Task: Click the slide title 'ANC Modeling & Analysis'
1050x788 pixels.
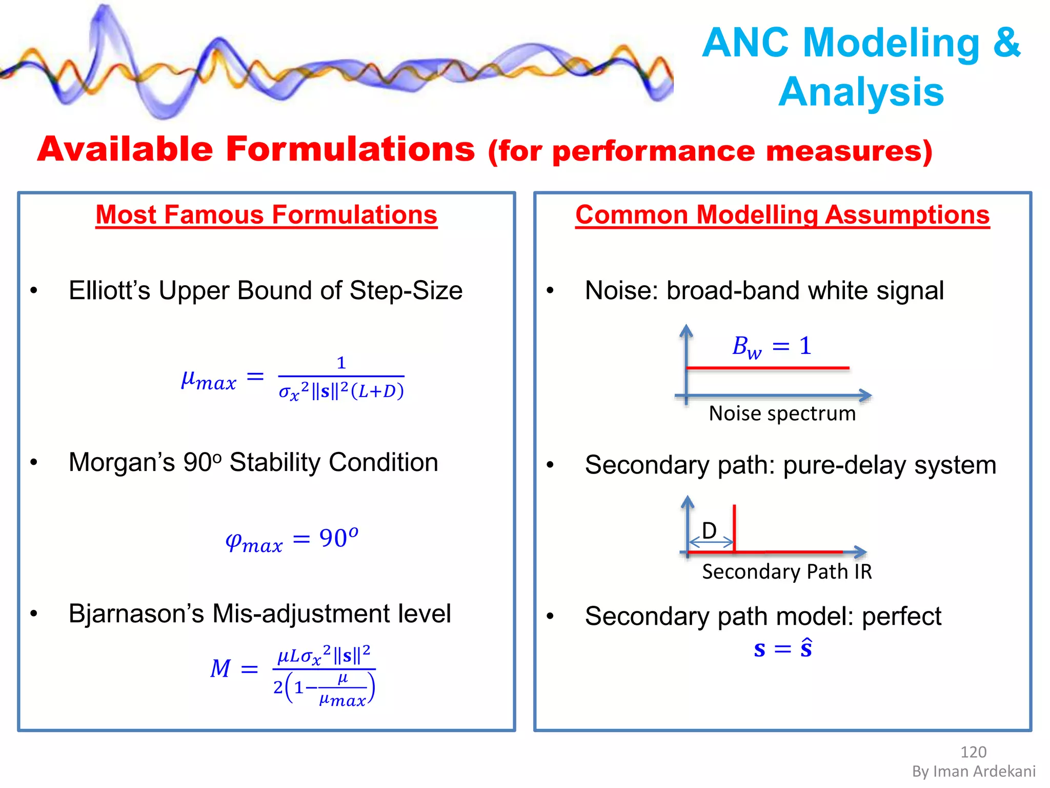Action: [x=861, y=67]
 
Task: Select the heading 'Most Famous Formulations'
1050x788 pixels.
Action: [x=266, y=215]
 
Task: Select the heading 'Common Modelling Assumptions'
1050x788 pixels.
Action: [x=782, y=215]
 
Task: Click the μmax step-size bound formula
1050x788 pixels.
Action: [x=293, y=379]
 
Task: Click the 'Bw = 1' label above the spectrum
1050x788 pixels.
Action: [x=772, y=346]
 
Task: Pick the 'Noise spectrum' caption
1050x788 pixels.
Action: [x=782, y=413]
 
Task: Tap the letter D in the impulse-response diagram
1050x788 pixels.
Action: [x=709, y=530]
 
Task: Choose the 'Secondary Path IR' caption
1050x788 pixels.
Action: [x=787, y=572]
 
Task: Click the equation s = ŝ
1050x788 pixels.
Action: [x=783, y=649]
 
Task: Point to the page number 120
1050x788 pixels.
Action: [x=973, y=752]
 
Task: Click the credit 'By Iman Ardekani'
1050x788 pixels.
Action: [x=974, y=772]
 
